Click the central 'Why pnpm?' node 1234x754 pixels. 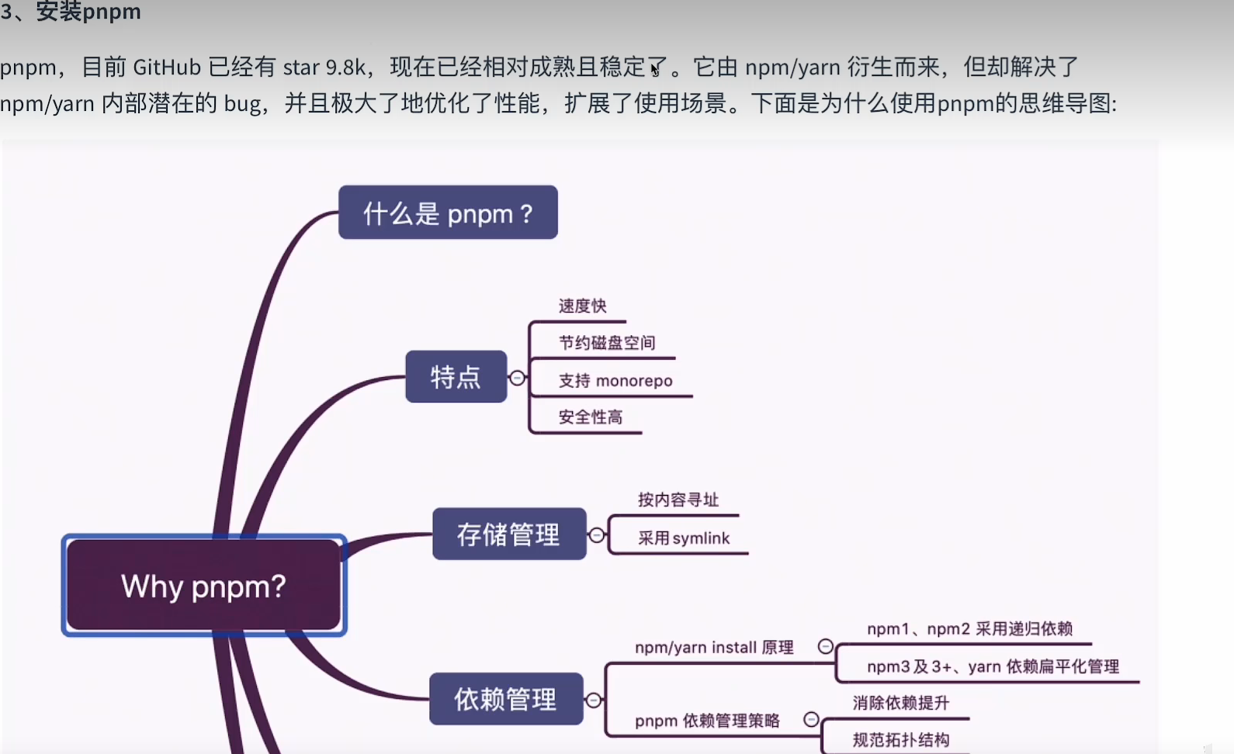coord(203,586)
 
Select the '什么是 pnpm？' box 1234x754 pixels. coord(448,213)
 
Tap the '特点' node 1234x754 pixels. coord(456,377)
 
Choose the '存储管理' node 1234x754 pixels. coord(508,534)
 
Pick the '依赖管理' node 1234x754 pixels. coord(505,699)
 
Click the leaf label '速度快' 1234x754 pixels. coord(582,306)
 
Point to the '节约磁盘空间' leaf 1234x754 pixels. coord(607,343)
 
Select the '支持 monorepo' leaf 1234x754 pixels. coord(615,381)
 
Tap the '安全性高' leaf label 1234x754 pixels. coord(590,417)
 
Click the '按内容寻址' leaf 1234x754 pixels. coord(678,500)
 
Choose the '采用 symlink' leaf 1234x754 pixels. coord(684,538)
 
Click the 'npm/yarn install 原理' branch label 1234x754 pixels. coord(714,648)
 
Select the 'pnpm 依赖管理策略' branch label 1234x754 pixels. coord(707,721)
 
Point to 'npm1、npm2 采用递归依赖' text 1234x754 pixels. coord(969,629)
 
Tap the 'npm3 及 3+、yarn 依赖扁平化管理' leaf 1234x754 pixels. coord(993,666)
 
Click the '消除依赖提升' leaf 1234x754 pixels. coord(900,703)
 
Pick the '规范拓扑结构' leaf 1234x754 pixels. coord(900,740)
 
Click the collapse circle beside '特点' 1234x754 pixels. coord(517,378)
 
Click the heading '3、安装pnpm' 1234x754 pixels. coord(71,12)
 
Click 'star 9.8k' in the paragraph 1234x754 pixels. coord(324,67)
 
